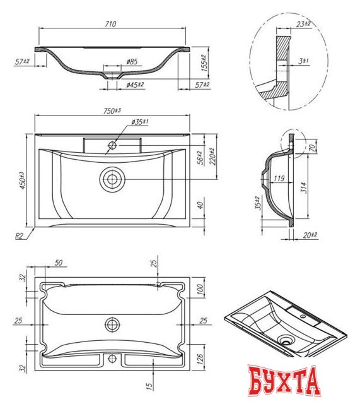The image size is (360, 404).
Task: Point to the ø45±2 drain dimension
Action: pyautogui.click(x=135, y=84)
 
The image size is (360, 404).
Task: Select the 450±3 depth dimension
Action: pyautogui.click(x=21, y=181)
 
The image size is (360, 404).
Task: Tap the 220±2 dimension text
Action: pyautogui.click(x=212, y=157)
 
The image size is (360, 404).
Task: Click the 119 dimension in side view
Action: pyautogui.click(x=278, y=178)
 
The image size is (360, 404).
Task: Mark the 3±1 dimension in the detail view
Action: pyautogui.click(x=303, y=60)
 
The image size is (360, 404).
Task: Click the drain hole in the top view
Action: pyautogui.click(x=113, y=179)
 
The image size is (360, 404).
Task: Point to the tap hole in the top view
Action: pyautogui.click(x=112, y=145)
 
